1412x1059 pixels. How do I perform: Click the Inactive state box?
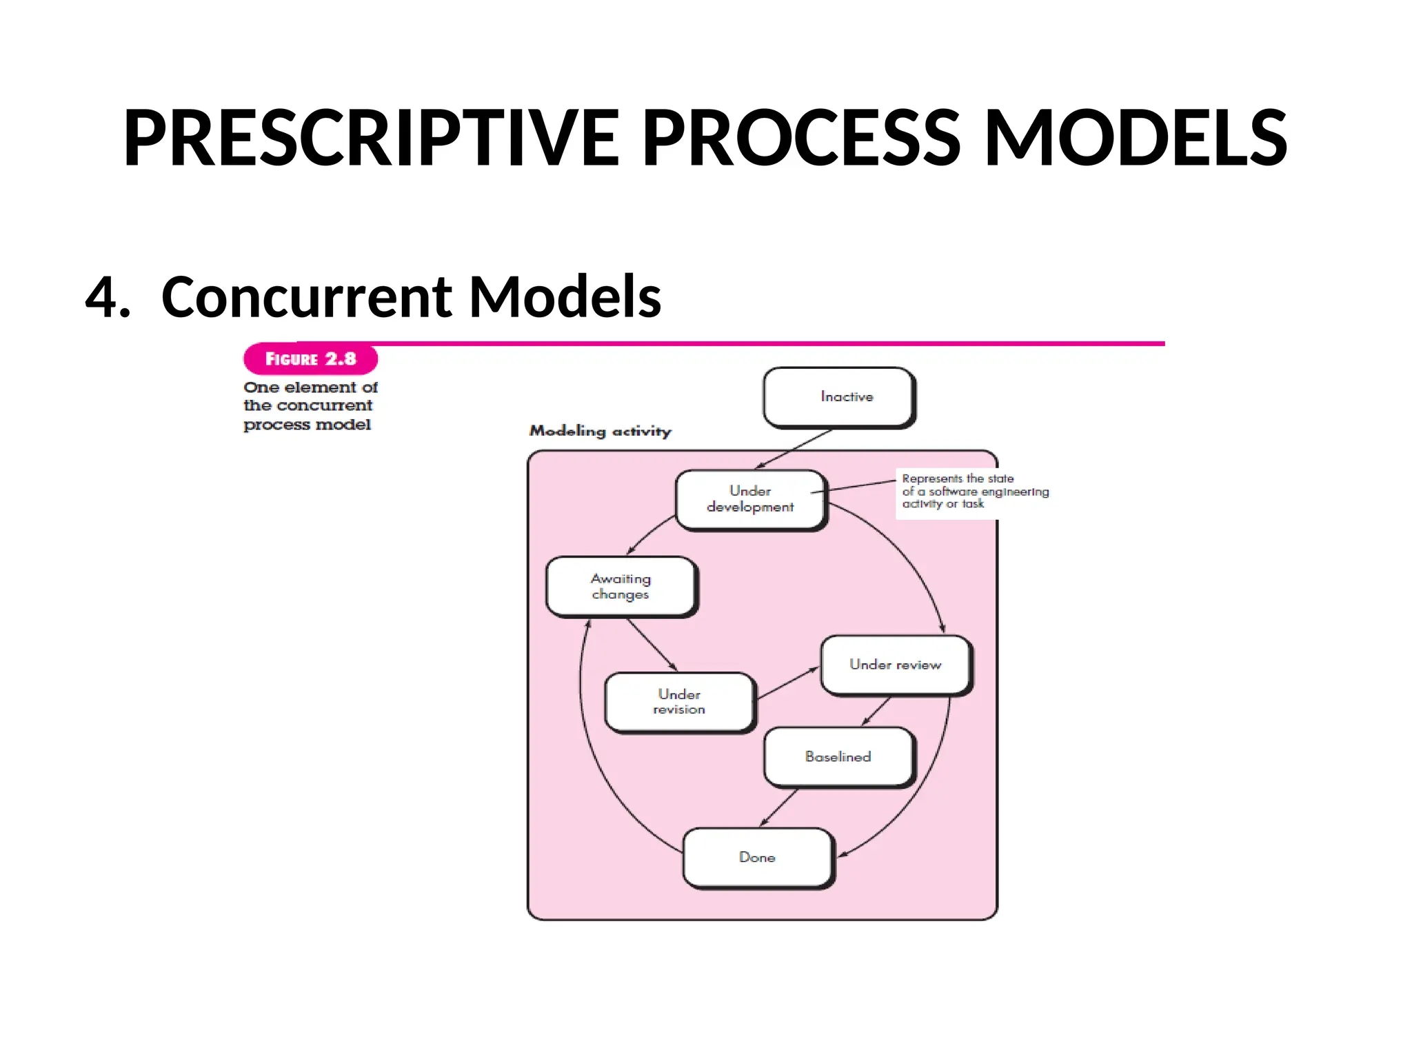839,397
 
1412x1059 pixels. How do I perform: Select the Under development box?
750,499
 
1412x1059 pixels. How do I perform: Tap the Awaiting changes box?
621,586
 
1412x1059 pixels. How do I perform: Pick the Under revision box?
679,702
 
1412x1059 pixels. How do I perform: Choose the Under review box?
895,665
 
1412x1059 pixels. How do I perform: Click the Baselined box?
838,757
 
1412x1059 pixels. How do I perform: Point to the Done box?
758,858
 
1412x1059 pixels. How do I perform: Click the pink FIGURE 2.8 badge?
310,359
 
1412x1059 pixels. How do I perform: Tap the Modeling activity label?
600,431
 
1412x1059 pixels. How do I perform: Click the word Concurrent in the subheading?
306,296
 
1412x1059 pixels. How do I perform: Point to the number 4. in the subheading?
108,296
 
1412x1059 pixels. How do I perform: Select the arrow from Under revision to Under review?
787,683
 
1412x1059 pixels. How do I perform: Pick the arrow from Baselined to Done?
779,807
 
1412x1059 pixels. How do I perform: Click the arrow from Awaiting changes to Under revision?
652,645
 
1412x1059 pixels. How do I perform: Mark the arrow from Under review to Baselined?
876,711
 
